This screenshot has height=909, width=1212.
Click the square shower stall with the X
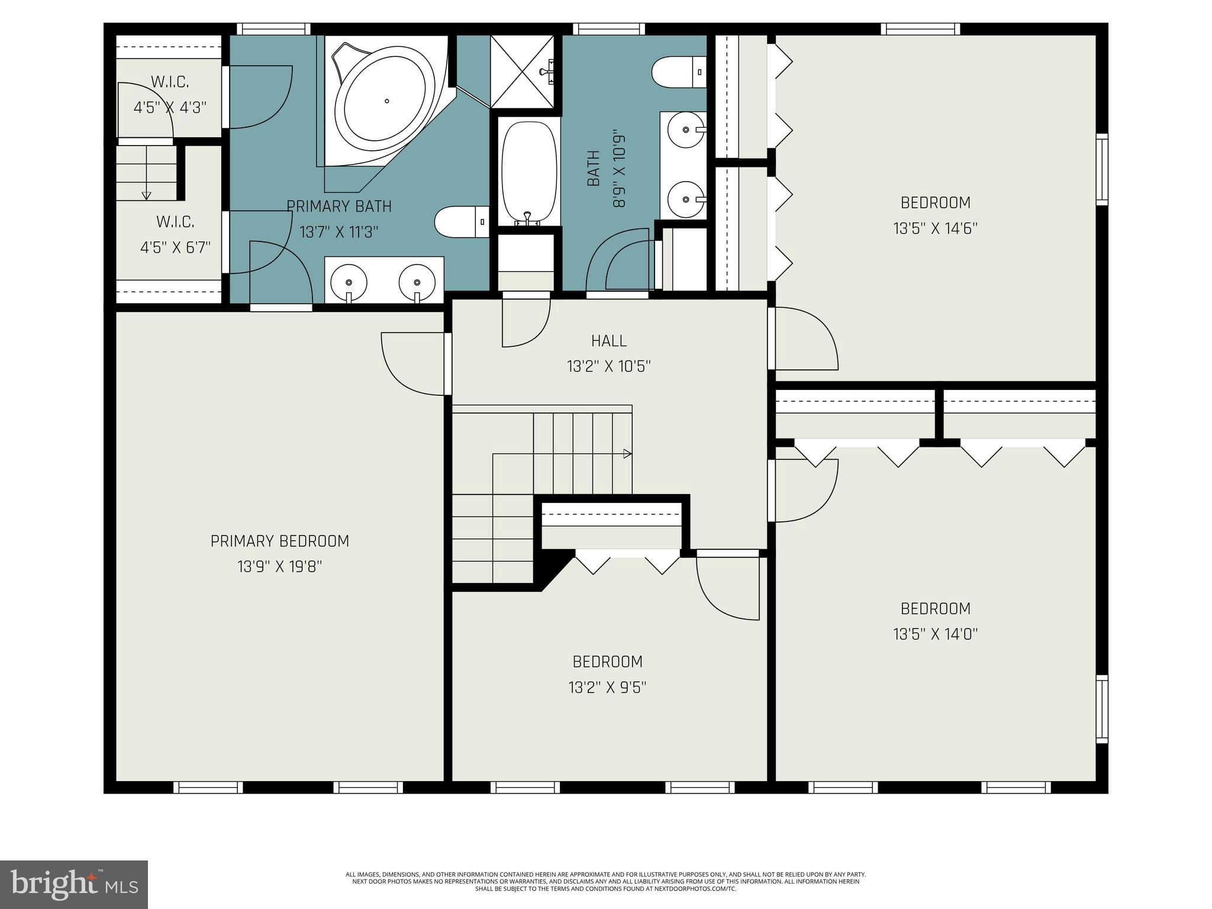pos(523,72)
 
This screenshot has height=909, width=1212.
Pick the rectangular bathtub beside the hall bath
pos(528,172)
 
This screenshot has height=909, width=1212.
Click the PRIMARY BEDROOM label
pos(280,541)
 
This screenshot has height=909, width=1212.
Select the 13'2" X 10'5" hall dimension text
pos(609,367)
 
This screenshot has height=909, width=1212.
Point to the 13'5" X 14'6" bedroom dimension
pos(935,228)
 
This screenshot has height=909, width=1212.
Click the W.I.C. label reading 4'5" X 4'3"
pos(170,108)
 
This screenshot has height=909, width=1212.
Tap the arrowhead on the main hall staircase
pos(627,454)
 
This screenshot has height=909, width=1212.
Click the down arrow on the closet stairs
pos(146,195)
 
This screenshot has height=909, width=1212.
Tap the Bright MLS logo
pos(74,884)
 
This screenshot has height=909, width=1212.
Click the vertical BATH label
pos(594,169)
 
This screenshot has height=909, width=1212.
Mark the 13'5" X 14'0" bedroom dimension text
pos(935,634)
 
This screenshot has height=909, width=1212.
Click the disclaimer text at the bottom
pos(605,881)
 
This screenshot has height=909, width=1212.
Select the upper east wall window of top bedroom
pos(1101,170)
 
